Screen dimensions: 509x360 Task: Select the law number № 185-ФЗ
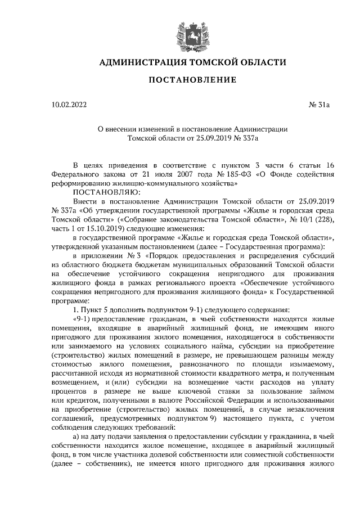point(232,173)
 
